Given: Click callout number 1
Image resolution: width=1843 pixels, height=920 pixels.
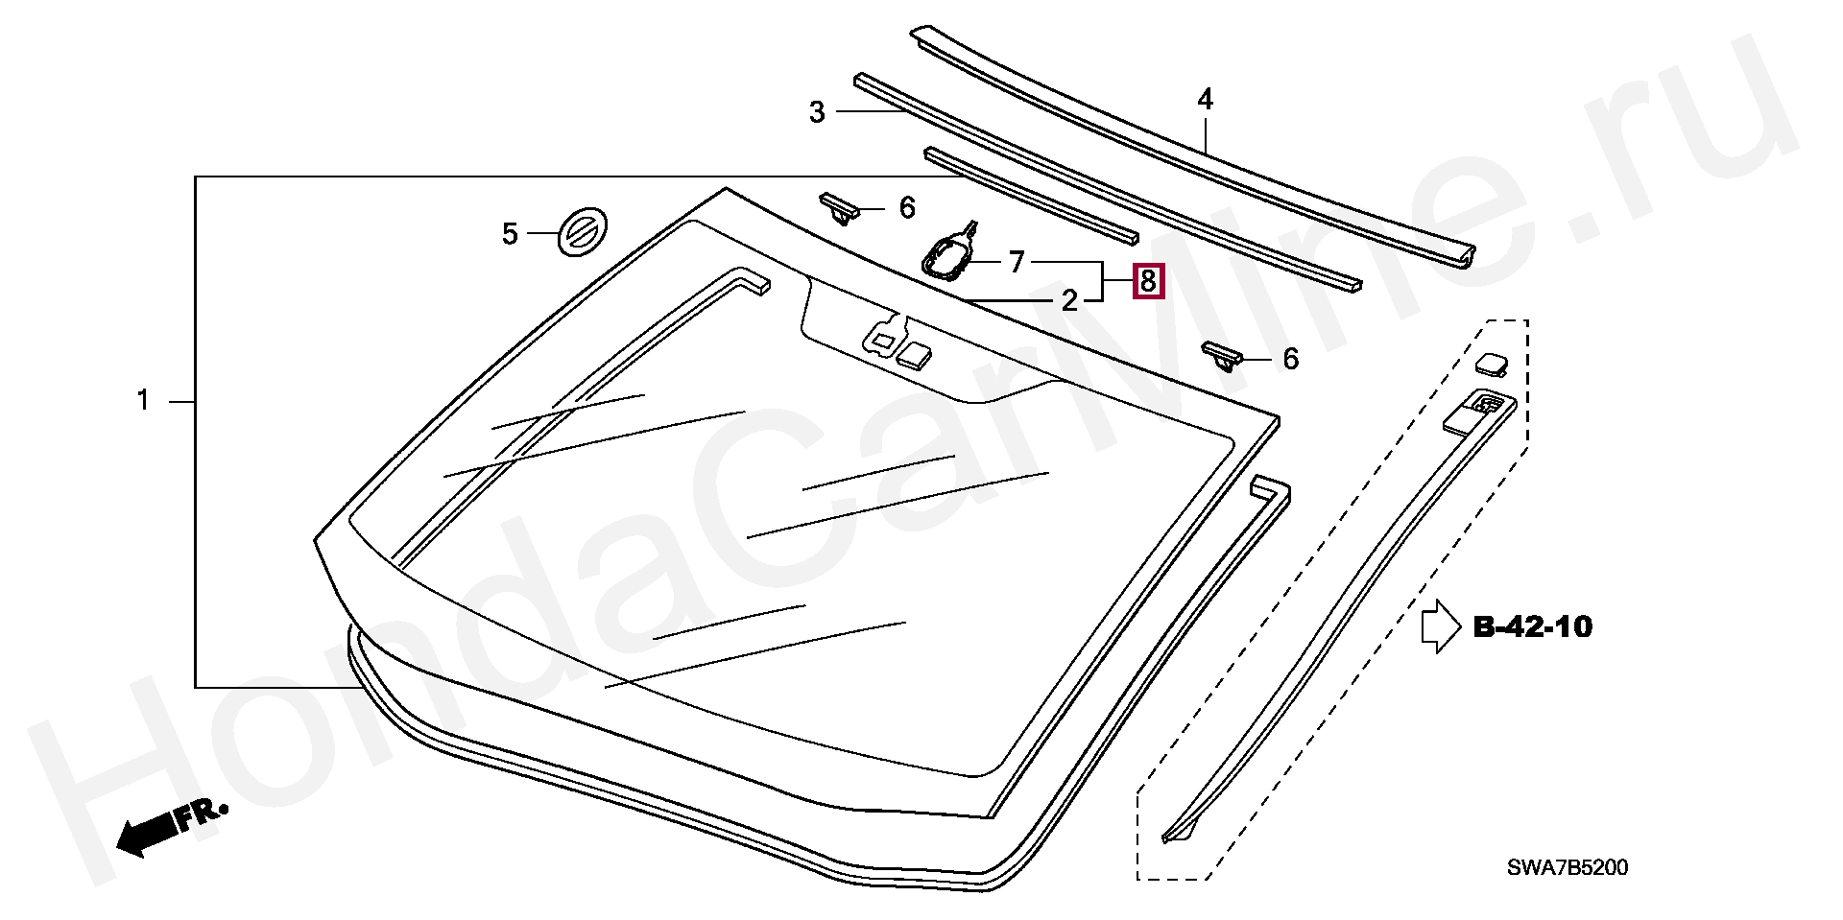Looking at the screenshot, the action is [x=143, y=400].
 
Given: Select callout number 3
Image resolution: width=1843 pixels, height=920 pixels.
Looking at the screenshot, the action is [x=817, y=112].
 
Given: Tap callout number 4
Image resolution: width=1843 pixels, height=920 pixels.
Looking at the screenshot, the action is [x=1205, y=98].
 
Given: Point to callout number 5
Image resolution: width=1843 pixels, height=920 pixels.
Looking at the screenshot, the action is [x=510, y=233].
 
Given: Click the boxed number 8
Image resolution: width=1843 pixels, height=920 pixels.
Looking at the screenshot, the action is [x=1148, y=282].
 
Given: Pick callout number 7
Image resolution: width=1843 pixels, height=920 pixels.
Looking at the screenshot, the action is [x=1017, y=261].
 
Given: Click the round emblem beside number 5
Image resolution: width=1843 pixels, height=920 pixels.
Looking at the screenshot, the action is [x=583, y=233].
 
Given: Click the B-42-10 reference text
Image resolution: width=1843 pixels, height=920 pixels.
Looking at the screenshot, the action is [x=1532, y=627].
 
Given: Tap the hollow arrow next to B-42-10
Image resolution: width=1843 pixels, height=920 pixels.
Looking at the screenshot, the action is [x=1441, y=626].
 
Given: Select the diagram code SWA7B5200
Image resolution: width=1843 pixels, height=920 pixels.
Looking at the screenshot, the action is [x=1567, y=868].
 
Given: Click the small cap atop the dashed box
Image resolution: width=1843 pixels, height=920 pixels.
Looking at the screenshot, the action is [x=1492, y=363].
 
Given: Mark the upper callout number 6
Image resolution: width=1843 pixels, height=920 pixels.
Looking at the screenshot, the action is [x=907, y=207].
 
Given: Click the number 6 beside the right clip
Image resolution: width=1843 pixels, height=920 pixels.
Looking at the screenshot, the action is [x=1290, y=359].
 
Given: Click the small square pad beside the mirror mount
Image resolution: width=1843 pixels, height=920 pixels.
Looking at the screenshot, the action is [x=242, y=354].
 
